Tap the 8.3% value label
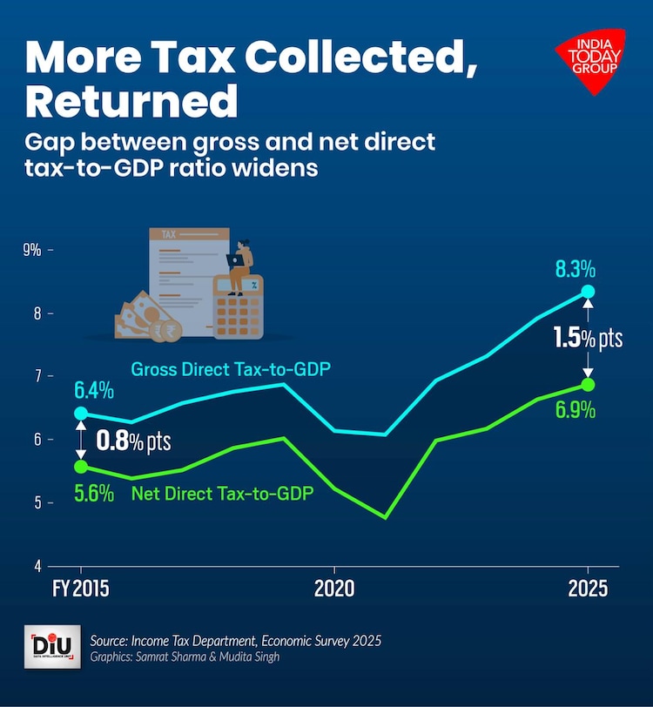point(576,271)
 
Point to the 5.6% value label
point(94,493)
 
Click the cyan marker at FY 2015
point(81,414)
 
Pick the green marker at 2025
point(588,384)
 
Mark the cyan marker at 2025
point(588,292)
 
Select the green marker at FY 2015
point(81,467)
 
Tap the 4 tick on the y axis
point(38,566)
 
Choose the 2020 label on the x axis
point(334,588)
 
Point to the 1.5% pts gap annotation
point(589,338)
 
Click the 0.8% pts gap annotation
point(132,439)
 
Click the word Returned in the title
point(131,101)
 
